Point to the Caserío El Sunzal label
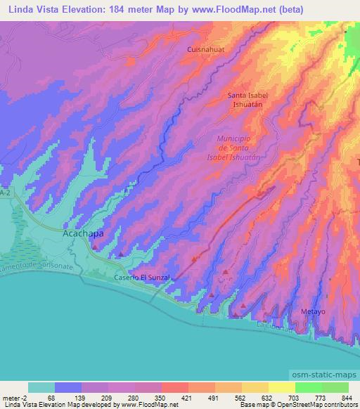pyautogui.click(x=143, y=278)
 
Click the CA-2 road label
pyautogui.click(x=5, y=191)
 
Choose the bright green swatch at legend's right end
pyautogui.click(x=335, y=387)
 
